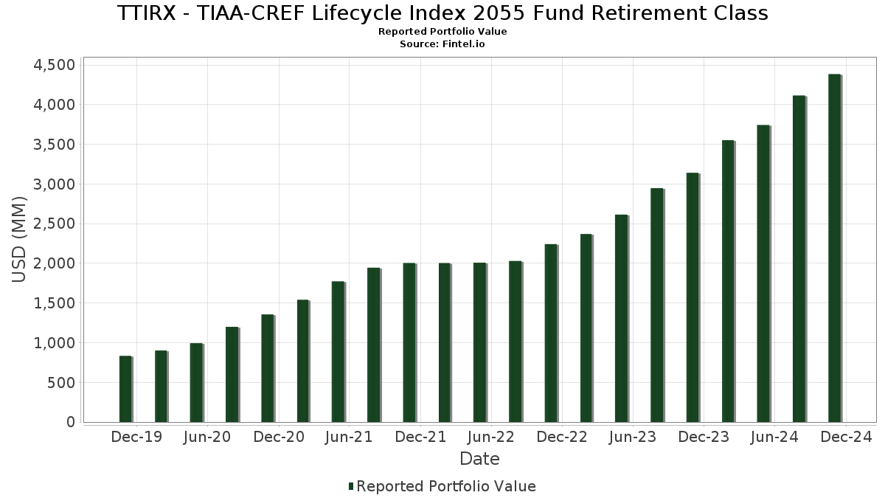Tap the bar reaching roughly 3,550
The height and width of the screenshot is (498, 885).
pyautogui.click(x=728, y=281)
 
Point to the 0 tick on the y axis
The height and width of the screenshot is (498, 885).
pyautogui.click(x=71, y=422)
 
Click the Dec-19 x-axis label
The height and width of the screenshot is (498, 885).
pyautogui.click(x=136, y=438)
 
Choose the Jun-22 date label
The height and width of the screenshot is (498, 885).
pyautogui.click(x=491, y=438)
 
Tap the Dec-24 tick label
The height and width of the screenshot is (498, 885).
pyautogui.click(x=847, y=438)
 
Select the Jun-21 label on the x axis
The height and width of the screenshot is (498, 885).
pyautogui.click(x=349, y=438)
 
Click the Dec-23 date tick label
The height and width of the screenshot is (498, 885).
pyautogui.click(x=704, y=438)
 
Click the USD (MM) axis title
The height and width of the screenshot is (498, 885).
pyautogui.click(x=21, y=240)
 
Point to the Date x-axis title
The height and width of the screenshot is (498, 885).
pyautogui.click(x=479, y=459)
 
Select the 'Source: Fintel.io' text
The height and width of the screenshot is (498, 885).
pyautogui.click(x=442, y=44)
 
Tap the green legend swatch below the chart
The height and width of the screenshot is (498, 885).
pyautogui.click(x=351, y=486)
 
